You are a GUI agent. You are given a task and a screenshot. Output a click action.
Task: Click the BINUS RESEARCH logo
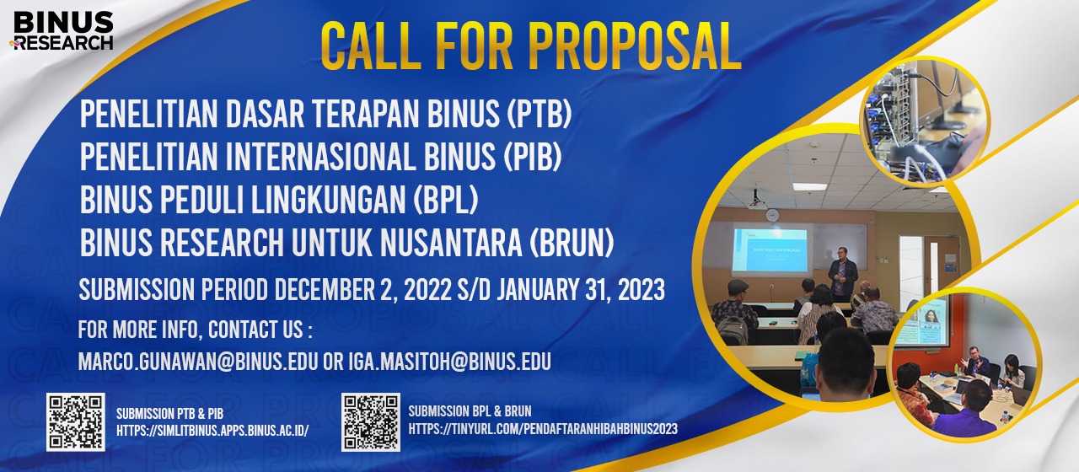pos(62,31)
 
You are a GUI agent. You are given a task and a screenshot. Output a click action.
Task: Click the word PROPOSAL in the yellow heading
pos(635,46)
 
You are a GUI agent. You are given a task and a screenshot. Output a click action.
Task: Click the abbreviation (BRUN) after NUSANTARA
pos(572,243)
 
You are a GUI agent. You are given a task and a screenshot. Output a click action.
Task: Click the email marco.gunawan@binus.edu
pos(197,362)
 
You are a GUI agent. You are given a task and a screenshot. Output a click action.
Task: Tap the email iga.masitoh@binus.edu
pos(450,362)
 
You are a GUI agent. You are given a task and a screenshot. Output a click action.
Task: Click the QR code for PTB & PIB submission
pos(76,422)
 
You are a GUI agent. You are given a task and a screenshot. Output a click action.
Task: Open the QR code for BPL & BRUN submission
pos(371,422)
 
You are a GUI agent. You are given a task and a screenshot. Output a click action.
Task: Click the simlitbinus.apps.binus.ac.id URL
pos(212,431)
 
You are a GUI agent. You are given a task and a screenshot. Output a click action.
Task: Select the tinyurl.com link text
pos(543,429)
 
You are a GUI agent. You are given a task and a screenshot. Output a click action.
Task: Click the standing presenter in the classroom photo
pos(841,275)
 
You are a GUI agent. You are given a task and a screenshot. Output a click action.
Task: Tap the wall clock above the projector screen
pos(771,215)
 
